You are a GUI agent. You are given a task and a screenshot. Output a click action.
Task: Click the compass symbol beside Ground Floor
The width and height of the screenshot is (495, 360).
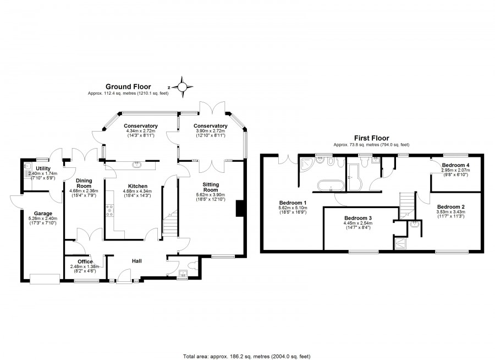point(182,87)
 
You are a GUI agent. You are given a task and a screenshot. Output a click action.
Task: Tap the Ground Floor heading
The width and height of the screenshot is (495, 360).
point(128,86)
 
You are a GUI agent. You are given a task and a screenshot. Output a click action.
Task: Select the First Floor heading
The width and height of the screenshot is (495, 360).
point(372,138)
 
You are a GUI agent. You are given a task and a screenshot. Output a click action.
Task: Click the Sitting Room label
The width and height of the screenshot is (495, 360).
point(211,187)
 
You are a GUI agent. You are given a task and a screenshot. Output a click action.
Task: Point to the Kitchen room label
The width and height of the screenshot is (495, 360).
point(137,186)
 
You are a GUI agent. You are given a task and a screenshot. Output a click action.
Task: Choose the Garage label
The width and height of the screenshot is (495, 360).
point(43,214)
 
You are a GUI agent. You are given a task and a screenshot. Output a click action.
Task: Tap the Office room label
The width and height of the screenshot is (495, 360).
point(85,261)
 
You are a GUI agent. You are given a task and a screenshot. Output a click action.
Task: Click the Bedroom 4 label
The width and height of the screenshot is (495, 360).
point(455,165)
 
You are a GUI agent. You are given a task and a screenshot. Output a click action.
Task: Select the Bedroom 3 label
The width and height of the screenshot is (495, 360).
point(358,218)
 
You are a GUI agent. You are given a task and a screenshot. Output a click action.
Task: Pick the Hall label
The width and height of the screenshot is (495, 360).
point(137,261)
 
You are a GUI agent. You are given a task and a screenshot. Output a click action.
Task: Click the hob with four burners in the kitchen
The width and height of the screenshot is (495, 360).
point(110,211)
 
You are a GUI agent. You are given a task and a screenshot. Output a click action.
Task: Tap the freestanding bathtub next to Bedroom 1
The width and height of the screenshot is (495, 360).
point(331,186)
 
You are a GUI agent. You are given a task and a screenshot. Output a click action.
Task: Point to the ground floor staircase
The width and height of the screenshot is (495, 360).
point(170,223)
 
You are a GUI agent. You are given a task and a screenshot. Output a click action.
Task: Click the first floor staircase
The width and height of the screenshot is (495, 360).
point(406,205)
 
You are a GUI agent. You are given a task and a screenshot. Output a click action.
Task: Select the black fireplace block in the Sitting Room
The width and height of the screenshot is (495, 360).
point(239,209)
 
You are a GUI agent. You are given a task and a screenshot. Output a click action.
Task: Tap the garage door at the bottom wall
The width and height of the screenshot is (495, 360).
point(45,279)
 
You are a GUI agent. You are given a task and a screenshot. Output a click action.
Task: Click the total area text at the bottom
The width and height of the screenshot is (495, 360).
point(247,357)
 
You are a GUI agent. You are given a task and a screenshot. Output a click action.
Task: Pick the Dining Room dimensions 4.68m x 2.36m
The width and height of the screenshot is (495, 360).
point(84,191)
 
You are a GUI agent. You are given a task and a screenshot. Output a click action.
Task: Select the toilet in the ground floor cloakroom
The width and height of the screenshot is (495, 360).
point(193,265)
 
